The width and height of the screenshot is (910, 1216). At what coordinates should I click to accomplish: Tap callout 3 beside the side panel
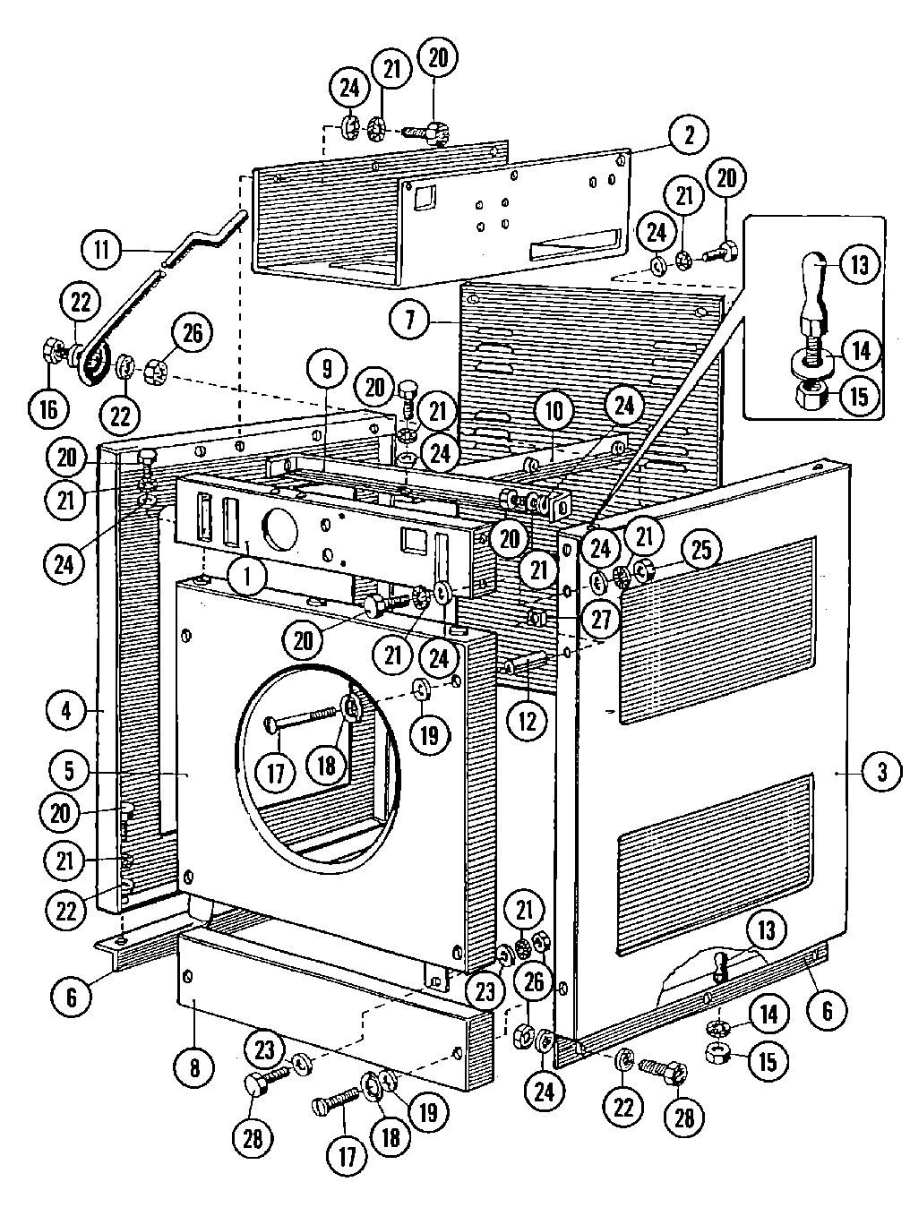(x=881, y=771)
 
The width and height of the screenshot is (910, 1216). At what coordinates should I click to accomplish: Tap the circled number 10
(x=554, y=411)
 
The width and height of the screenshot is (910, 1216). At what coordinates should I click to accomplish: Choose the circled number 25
(x=700, y=550)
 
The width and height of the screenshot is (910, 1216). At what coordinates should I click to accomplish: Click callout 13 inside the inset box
(x=859, y=265)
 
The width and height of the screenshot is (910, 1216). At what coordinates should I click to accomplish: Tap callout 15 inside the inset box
(x=858, y=395)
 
